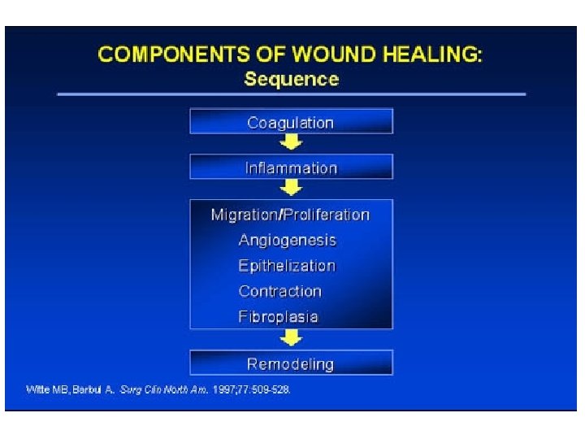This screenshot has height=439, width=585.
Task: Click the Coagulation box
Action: tap(291, 122)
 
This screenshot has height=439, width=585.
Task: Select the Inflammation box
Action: tap(291, 167)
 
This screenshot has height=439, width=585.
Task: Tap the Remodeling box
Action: tap(291, 363)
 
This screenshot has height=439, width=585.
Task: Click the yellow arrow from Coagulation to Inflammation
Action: tap(291, 143)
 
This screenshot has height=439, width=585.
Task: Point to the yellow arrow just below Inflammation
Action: tap(291, 188)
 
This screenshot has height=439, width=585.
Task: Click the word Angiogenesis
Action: tap(287, 240)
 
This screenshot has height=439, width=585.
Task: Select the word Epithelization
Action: tap(287, 266)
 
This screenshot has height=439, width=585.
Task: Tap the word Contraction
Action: tap(279, 291)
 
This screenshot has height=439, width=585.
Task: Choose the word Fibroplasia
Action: tap(278, 316)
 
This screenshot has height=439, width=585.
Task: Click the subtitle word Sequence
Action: tap(291, 79)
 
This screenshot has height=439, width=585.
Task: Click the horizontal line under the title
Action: tap(291, 94)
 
